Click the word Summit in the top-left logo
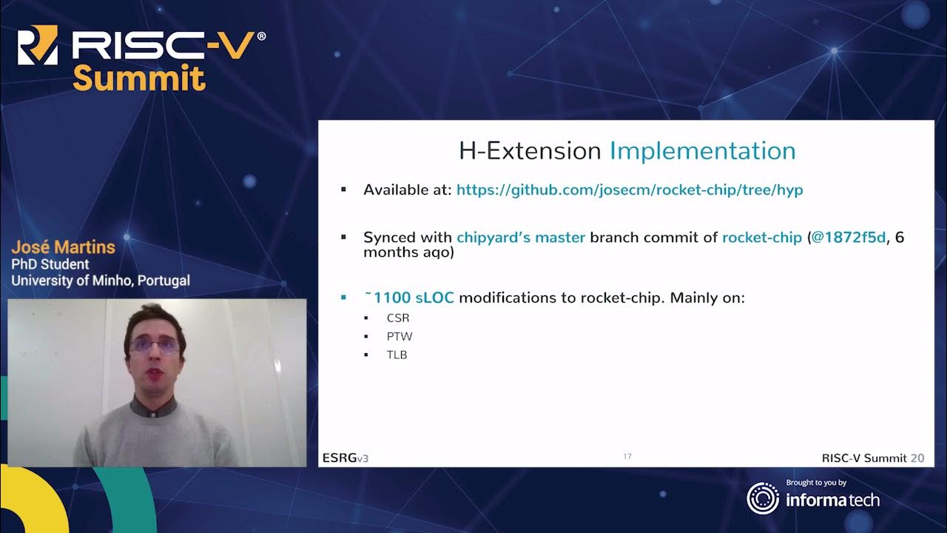pyautogui.click(x=138, y=78)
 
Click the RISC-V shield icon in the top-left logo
pyautogui.click(x=37, y=45)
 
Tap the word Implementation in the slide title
pyautogui.click(x=702, y=151)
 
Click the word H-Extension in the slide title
pyautogui.click(x=530, y=151)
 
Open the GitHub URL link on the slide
pyautogui.click(x=629, y=190)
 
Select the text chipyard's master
pyautogui.click(x=521, y=238)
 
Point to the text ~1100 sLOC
pyautogui.click(x=408, y=298)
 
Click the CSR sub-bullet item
pyautogui.click(x=397, y=318)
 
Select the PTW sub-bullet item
pyautogui.click(x=399, y=337)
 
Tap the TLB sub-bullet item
pyautogui.click(x=397, y=355)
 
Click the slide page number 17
pyautogui.click(x=627, y=457)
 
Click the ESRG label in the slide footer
pyautogui.click(x=339, y=458)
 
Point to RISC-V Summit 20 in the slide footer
pyautogui.click(x=872, y=458)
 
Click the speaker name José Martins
pyautogui.click(x=63, y=247)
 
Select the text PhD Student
pyautogui.click(x=50, y=264)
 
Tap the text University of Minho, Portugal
pyautogui.click(x=100, y=281)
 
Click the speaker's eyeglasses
pyautogui.click(x=154, y=344)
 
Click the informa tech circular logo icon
pyautogui.click(x=762, y=498)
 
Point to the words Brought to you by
pyautogui.click(x=816, y=483)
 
